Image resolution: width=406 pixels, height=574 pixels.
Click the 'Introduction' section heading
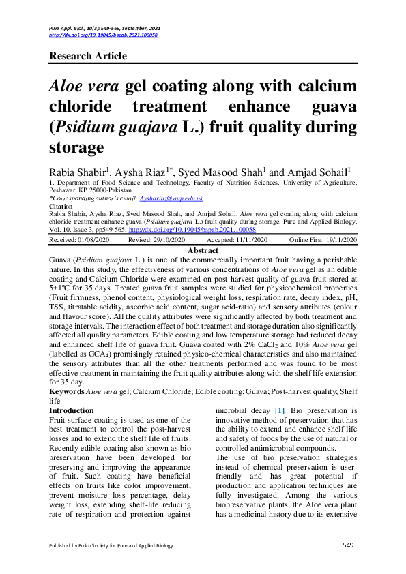(x=72, y=410)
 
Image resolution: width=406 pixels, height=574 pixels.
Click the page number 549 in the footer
(x=348, y=545)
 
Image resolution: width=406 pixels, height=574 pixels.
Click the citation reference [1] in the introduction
(x=279, y=410)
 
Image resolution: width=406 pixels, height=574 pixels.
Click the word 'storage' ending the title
(x=76, y=147)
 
